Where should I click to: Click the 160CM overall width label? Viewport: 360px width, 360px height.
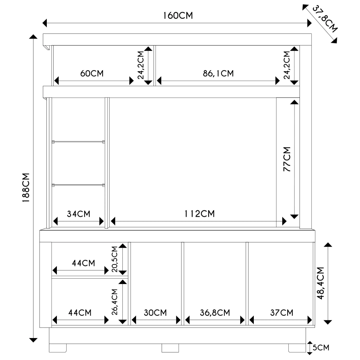(x=178, y=15)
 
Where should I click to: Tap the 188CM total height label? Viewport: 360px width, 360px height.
(x=26, y=188)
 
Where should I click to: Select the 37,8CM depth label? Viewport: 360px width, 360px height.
(x=325, y=19)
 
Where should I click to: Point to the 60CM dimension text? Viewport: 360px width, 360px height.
(x=92, y=73)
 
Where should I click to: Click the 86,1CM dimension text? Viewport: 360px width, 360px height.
(x=219, y=73)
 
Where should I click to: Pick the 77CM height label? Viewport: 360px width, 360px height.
(x=287, y=159)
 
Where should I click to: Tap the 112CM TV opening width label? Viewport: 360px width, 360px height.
(x=199, y=214)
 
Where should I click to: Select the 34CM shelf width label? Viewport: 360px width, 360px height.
(x=78, y=214)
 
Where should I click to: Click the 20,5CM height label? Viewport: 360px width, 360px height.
(x=114, y=259)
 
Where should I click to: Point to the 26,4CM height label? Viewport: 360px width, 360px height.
(x=114, y=302)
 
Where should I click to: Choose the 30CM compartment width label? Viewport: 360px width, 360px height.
(x=156, y=313)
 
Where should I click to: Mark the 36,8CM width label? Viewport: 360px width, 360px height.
(x=215, y=313)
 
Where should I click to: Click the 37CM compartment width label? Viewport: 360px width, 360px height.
(x=282, y=313)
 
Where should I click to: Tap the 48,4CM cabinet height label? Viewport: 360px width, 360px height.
(x=320, y=283)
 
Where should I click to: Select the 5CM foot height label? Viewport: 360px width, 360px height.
(x=321, y=348)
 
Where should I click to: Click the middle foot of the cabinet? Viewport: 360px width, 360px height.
(x=170, y=348)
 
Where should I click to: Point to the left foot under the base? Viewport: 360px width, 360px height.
(x=58, y=348)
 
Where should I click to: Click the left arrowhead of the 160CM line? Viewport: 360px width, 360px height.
(x=45, y=23)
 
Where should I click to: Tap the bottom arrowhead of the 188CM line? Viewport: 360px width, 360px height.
(x=33, y=340)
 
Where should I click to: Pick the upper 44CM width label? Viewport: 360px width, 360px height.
(x=84, y=263)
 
